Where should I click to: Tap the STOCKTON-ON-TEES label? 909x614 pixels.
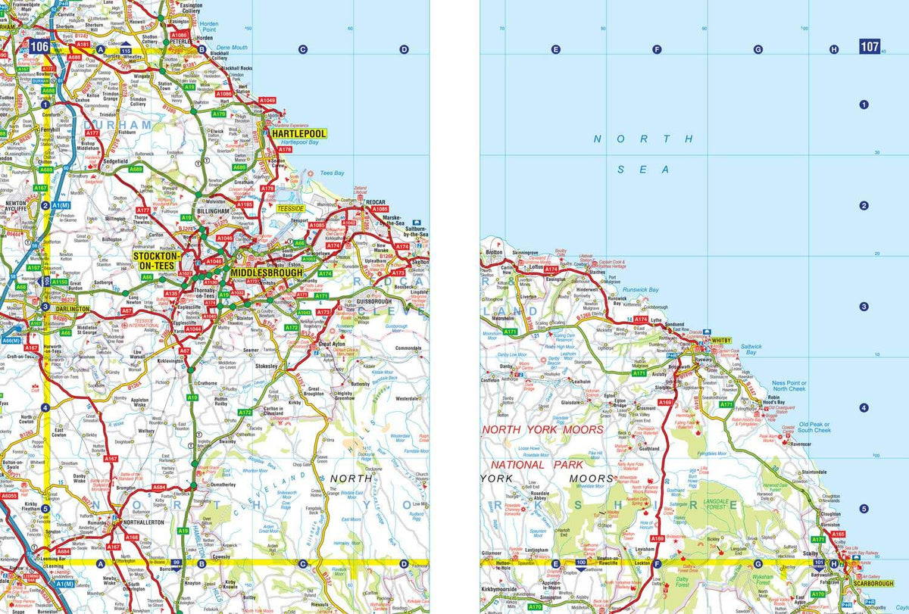(155, 261)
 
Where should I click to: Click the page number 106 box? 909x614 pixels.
(39, 47)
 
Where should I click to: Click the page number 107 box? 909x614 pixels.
(869, 47)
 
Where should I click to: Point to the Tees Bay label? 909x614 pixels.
(333, 173)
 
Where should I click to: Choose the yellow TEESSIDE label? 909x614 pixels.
(290, 207)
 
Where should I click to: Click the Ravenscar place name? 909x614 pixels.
(801, 444)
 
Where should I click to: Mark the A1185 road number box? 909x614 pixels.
(244, 204)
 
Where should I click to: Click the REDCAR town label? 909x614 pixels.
(376, 202)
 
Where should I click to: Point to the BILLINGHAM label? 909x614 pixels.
(212, 212)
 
